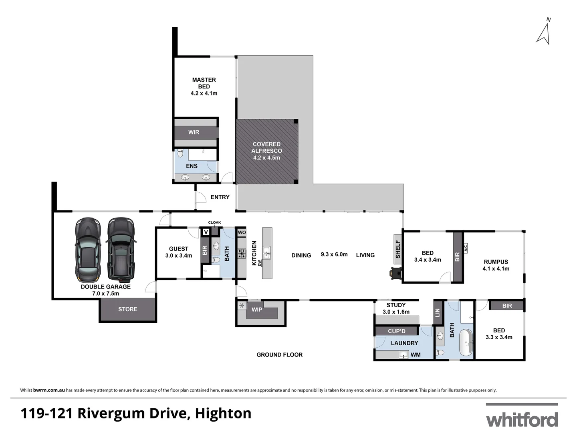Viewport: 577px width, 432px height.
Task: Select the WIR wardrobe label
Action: coord(194,132)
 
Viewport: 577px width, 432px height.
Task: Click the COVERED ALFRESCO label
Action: coord(266,151)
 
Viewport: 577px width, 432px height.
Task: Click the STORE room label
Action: coord(127,309)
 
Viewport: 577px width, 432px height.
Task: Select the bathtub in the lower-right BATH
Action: coord(466,343)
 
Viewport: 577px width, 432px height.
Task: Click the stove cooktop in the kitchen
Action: coord(242,254)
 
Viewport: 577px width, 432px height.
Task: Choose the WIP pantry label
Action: coord(257,310)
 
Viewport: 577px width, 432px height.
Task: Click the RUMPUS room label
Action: coord(496,265)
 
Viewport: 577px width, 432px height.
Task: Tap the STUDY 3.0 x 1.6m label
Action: coord(396,308)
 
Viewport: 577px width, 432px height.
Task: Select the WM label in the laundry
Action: coord(416,355)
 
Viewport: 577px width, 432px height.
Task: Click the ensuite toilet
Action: coord(180,153)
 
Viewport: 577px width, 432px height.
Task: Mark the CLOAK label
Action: coord(214,222)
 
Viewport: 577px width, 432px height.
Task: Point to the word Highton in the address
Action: coord(223,413)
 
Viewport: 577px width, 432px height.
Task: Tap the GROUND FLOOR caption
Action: coord(279,355)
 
